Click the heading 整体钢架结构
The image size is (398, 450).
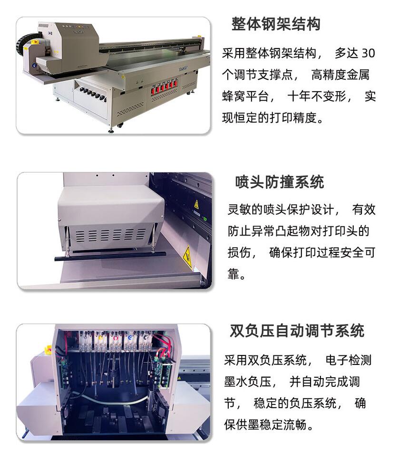pos(276,24)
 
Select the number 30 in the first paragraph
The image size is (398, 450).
pos(368,53)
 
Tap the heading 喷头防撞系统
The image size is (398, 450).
pos(280,182)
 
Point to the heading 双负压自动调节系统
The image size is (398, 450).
pos(297,331)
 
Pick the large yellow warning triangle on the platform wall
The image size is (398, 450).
pos(187,256)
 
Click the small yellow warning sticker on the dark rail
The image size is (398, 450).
pos(196,204)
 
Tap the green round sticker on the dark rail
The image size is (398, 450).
pos(205,219)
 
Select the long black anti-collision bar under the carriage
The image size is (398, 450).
pos(110,256)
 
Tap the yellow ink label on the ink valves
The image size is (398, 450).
pos(100,338)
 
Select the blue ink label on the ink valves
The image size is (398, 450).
pos(130,337)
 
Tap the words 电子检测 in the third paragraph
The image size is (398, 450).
pos(349,360)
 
